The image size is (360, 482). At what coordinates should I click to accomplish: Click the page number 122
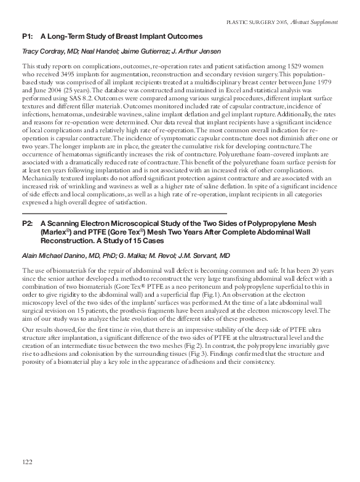point(26,462)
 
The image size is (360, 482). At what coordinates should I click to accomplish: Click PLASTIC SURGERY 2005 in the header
point(256,22)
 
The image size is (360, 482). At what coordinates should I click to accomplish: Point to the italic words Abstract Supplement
point(316,22)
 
